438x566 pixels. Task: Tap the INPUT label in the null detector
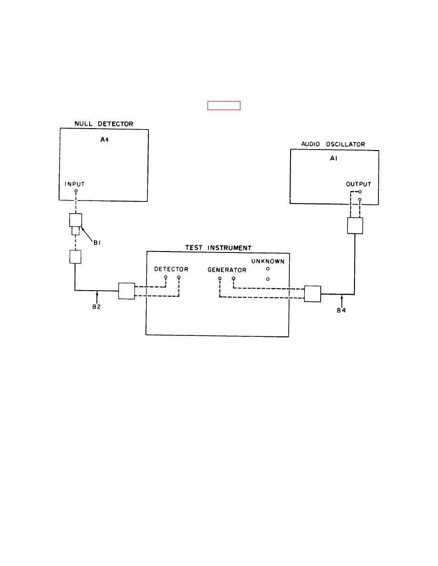coord(76,183)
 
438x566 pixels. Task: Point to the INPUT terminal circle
coord(76,191)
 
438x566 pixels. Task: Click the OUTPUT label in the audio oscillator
coord(358,184)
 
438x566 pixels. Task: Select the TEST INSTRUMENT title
coord(218,248)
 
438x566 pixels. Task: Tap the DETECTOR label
coord(171,269)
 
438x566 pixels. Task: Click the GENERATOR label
coord(227,270)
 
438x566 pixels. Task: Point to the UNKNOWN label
coord(268,261)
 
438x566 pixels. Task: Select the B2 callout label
coord(96,307)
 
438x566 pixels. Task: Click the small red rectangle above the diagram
coord(223,106)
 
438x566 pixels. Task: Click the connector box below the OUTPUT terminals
coord(355,225)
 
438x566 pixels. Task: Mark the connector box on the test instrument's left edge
coord(126,291)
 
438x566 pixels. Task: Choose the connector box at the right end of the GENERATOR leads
coord(313,294)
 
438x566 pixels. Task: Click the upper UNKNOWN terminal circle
coord(268,269)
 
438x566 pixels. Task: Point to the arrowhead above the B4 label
coord(342,298)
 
